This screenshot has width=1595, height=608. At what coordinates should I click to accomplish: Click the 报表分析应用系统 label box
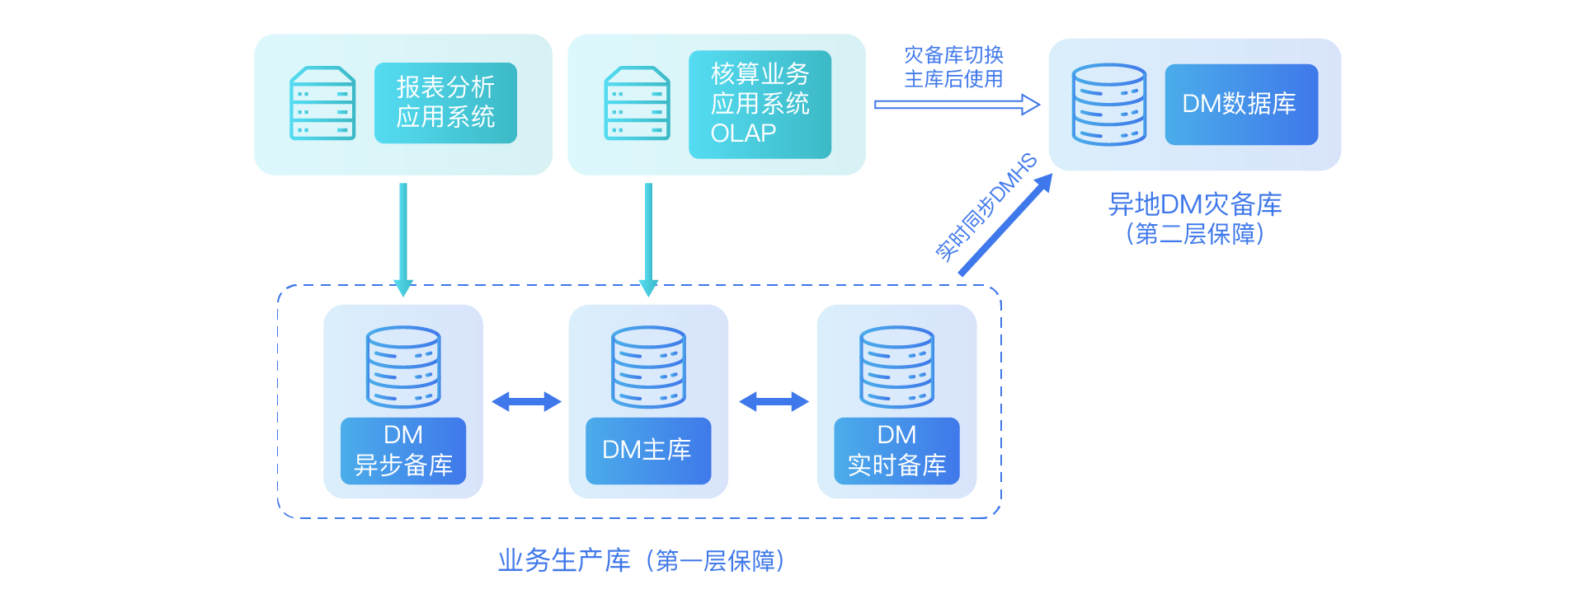[445, 103]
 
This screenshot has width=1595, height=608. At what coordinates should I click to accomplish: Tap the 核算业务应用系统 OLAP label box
[760, 104]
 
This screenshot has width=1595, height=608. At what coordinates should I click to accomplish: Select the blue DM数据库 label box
[1241, 104]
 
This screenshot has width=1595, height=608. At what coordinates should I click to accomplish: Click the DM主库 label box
[648, 451]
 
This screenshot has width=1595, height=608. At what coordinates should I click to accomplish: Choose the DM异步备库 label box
[403, 451]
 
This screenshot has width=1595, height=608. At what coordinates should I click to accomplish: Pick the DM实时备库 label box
[896, 451]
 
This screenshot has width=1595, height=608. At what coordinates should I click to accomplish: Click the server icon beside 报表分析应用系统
[322, 103]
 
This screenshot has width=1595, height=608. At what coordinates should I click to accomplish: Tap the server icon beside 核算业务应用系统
[637, 103]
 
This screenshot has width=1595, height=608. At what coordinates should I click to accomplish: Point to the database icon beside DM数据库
[1109, 105]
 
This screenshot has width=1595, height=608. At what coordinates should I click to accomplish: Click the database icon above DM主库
[648, 367]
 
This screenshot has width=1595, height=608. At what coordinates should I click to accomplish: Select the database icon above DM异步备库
[403, 367]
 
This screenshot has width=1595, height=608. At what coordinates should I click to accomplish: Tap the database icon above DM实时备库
[896, 367]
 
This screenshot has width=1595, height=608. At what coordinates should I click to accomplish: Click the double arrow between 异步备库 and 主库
[526, 402]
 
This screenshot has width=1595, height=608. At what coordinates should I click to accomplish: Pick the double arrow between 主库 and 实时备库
[774, 402]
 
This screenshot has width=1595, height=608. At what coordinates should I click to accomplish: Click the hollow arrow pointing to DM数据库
[957, 105]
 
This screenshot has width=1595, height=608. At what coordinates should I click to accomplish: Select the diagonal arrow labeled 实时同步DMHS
[1006, 224]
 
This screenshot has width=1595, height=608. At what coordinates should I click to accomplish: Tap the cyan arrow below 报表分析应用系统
[403, 240]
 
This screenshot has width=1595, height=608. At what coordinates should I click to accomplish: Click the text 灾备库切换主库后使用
[953, 67]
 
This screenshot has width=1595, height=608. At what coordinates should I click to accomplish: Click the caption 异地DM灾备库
[1195, 203]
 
